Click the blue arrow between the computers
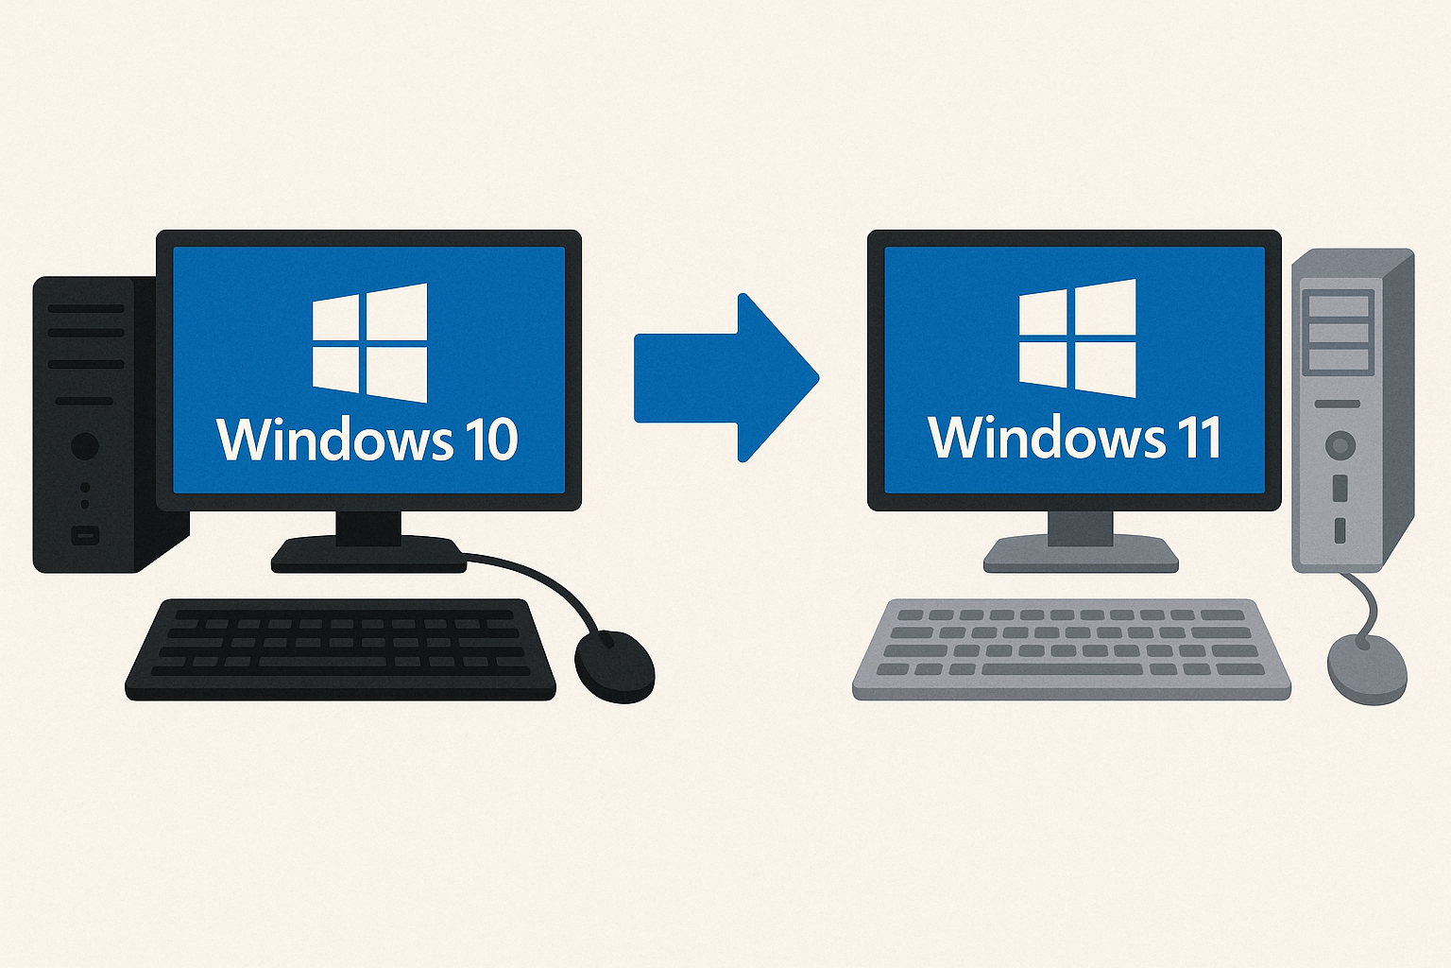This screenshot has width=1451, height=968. tap(723, 377)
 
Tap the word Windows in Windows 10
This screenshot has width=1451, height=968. tap(334, 440)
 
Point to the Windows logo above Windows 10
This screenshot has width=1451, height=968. tap(369, 342)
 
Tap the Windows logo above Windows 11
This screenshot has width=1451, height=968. tap(1078, 338)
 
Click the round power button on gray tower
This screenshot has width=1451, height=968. tap(1340, 444)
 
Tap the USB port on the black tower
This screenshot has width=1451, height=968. tap(85, 536)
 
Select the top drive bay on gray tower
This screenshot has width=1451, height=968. tap(1337, 305)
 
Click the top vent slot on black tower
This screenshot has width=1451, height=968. tap(86, 308)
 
